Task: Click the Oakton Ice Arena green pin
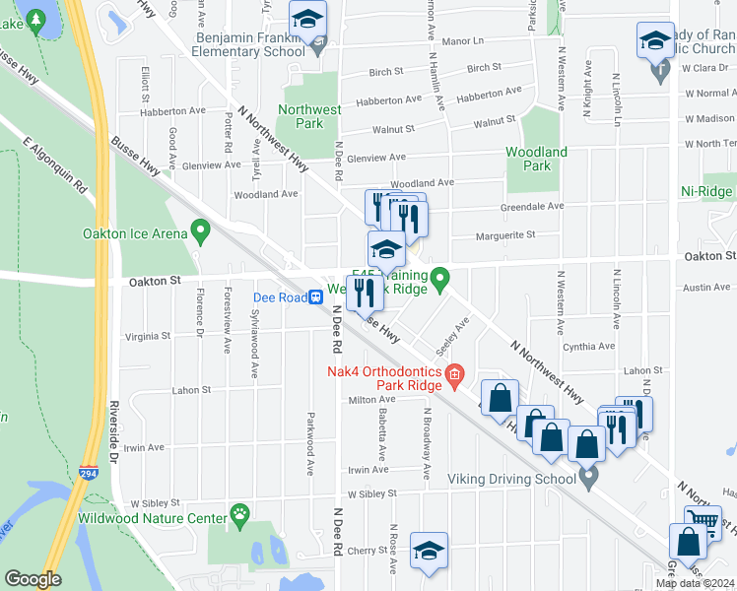(x=202, y=232)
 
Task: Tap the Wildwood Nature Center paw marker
(x=239, y=513)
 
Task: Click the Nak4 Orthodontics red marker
(x=454, y=371)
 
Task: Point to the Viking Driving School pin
(x=589, y=479)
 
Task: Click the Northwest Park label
(x=301, y=117)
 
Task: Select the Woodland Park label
(x=536, y=159)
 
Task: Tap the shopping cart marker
(x=702, y=523)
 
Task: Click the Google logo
(x=33, y=579)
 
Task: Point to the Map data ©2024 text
(x=695, y=583)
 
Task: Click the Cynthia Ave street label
(x=588, y=347)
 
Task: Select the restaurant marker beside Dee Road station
(x=364, y=292)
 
